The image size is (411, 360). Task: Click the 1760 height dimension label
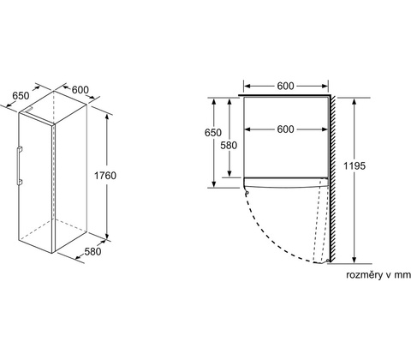coord(105,176)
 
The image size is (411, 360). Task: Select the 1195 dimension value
coord(354,165)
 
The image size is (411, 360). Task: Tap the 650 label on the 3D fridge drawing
coord(21,96)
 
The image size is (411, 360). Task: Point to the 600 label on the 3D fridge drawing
coord(80,90)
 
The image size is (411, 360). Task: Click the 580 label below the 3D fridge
coord(92,251)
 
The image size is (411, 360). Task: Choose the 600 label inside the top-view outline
coord(285,129)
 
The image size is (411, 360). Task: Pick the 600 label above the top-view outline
coord(285,86)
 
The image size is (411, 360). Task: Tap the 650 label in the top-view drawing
coord(213,133)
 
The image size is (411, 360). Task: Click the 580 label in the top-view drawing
coord(229,146)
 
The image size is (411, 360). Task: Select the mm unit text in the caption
coord(402,275)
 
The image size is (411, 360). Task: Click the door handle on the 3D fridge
coord(19,165)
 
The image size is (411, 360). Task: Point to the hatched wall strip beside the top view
coord(333,178)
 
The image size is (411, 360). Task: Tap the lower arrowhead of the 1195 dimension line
coord(354,260)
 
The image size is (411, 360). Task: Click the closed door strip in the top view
coord(286,183)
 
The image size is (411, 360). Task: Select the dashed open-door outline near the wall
coord(320,220)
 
